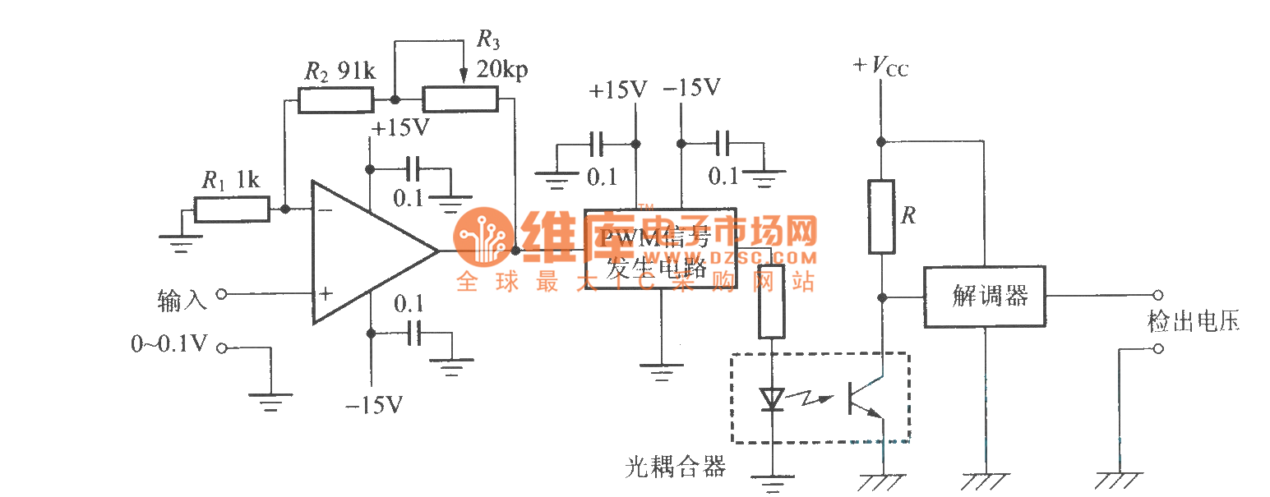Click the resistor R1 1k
coord(232,209)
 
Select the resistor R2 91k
coord(335,99)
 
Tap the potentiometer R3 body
coord(460,99)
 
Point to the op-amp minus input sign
coord(326,210)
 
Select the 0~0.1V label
coord(169,344)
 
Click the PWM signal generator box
coord(660,249)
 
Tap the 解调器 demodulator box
coord(984,297)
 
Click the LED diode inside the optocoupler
coord(772,399)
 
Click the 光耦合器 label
coord(676,467)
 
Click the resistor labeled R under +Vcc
coord(881,216)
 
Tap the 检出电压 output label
coord(1193,321)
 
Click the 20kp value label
coord(502,70)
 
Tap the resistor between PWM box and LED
coord(771,301)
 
